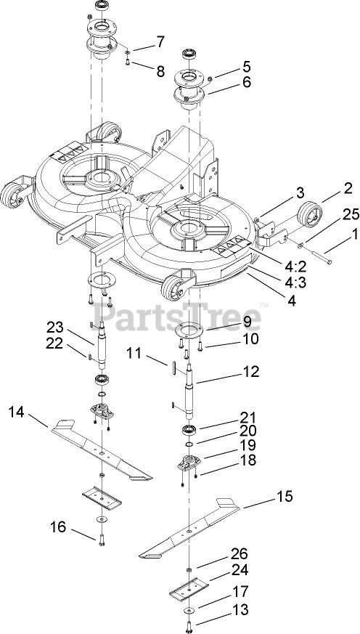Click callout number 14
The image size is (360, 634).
pyautogui.click(x=17, y=412)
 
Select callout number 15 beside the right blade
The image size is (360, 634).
pyautogui.click(x=285, y=496)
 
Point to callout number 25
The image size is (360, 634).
pyautogui.click(x=351, y=215)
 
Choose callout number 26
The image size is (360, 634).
pyautogui.click(x=240, y=553)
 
